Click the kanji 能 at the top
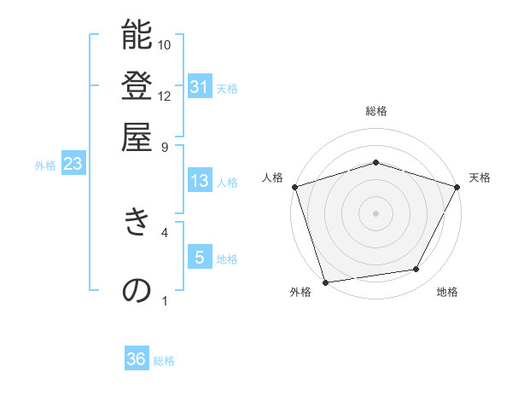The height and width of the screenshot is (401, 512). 137,36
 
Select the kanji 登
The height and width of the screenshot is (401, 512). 137,86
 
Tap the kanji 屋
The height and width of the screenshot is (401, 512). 137,137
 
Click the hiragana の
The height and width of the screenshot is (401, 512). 137,290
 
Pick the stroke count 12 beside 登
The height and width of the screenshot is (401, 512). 165,96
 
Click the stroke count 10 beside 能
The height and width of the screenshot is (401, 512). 165,44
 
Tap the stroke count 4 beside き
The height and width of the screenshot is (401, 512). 165,230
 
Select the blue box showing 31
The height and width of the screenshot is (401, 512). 199,87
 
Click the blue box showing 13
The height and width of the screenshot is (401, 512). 199,181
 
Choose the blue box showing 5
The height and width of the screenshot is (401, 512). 199,257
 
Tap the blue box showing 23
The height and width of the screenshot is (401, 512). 73,165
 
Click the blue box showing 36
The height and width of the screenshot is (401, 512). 137,359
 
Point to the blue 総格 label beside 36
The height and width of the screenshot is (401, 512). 165,361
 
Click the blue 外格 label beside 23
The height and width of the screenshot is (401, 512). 45,166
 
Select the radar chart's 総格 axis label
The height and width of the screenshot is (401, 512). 375,111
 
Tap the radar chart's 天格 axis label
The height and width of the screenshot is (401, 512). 480,177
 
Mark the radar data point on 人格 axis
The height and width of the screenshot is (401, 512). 294,187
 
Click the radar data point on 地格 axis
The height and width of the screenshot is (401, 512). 416,270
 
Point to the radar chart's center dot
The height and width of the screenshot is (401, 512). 375,212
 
